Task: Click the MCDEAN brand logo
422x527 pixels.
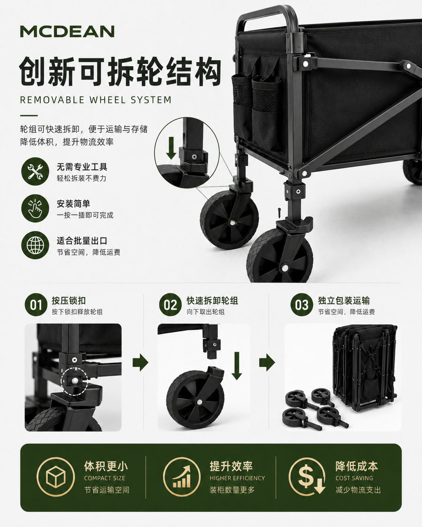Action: (x=67, y=31)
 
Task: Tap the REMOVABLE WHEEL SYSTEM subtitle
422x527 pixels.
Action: (x=96, y=100)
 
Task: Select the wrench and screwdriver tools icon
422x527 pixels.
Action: (x=35, y=171)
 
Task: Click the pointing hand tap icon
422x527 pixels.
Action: (x=35, y=208)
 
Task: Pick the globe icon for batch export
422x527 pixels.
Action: (x=35, y=245)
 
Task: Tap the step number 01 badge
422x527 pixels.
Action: (x=36, y=304)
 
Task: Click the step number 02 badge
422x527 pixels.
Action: (x=170, y=304)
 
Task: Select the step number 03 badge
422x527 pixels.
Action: (x=302, y=304)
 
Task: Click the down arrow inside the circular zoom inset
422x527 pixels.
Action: (x=171, y=148)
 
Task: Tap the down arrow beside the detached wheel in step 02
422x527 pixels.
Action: (x=237, y=366)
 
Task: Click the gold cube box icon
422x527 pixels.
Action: (x=55, y=476)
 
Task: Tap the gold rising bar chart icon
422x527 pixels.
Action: (x=182, y=476)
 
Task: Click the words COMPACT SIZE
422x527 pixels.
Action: (x=105, y=478)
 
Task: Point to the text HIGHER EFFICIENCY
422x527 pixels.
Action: (x=237, y=478)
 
